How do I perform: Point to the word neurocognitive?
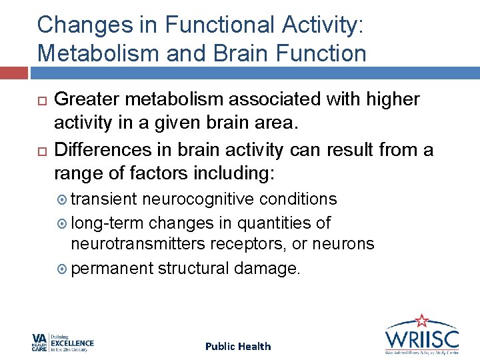[199, 199]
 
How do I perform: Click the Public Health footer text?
[238, 346]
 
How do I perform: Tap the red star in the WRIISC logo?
[421, 321]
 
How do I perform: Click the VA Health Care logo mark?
[39, 343]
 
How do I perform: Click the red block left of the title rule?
[13, 72]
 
